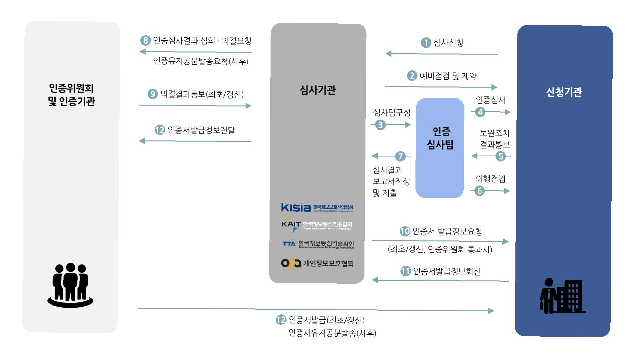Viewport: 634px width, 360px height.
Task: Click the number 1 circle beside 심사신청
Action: pyautogui.click(x=426, y=43)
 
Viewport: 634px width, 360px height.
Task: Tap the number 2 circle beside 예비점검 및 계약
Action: pyautogui.click(x=412, y=76)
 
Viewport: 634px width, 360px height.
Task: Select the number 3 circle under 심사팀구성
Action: pyautogui.click(x=380, y=125)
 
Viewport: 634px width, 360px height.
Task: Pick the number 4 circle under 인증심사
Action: pyautogui.click(x=480, y=112)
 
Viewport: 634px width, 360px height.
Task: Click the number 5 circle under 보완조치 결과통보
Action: pyautogui.click(x=500, y=156)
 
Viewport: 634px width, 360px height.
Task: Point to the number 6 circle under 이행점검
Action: pyautogui.click(x=480, y=191)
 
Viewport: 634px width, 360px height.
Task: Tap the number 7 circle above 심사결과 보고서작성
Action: pyautogui.click(x=400, y=156)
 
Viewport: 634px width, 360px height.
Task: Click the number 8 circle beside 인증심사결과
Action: pyautogui.click(x=145, y=40)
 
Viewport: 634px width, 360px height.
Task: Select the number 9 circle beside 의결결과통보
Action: pyautogui.click(x=152, y=94)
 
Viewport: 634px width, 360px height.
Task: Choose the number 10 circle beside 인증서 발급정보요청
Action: pyautogui.click(x=405, y=231)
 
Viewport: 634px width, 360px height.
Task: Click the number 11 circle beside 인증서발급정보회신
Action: pyautogui.click(x=405, y=271)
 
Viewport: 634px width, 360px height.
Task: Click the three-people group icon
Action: pyautogui.click(x=70, y=285)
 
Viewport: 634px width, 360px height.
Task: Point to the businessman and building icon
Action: pyautogui.click(x=562, y=296)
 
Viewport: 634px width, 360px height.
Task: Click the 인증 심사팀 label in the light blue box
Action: pyautogui.click(x=440, y=138)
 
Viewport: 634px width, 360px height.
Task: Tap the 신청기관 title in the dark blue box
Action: pyautogui.click(x=564, y=92)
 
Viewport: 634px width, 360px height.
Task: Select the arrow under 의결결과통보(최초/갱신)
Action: pyautogui.click(x=195, y=106)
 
